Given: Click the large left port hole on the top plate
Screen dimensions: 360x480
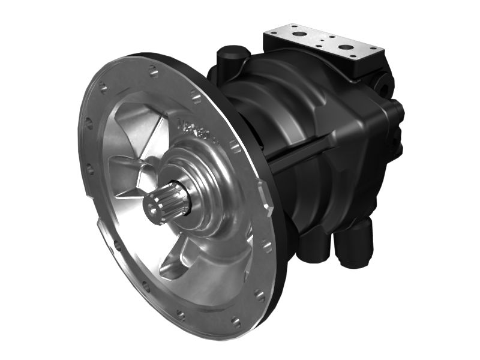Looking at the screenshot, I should pos(299,34).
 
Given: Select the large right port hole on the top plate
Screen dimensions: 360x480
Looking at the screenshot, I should pos(347,47).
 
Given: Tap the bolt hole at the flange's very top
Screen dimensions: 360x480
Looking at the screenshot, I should pos(154,73).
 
